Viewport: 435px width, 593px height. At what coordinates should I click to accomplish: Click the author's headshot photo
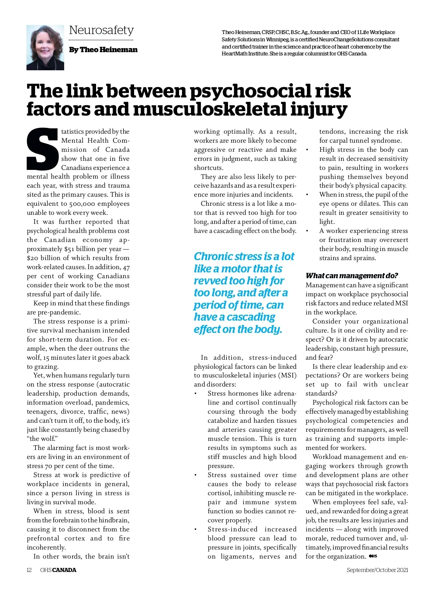click(45, 47)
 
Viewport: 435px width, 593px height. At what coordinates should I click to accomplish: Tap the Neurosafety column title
click(101, 30)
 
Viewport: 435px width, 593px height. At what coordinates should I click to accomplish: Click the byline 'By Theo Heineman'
click(103, 50)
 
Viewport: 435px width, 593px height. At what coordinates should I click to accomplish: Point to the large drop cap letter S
click(43, 149)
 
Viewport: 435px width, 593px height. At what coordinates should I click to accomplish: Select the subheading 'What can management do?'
click(352, 276)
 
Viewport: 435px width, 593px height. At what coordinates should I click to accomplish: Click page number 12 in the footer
click(29, 570)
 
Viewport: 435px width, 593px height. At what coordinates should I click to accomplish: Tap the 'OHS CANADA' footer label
click(58, 570)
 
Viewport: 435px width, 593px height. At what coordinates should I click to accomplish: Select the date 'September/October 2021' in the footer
click(377, 570)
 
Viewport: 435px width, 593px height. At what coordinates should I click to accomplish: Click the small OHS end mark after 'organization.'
click(373, 556)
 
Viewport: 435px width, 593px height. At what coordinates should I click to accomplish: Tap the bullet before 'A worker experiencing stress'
click(307, 231)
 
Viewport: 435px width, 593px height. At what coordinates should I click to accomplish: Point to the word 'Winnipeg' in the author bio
click(277, 39)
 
